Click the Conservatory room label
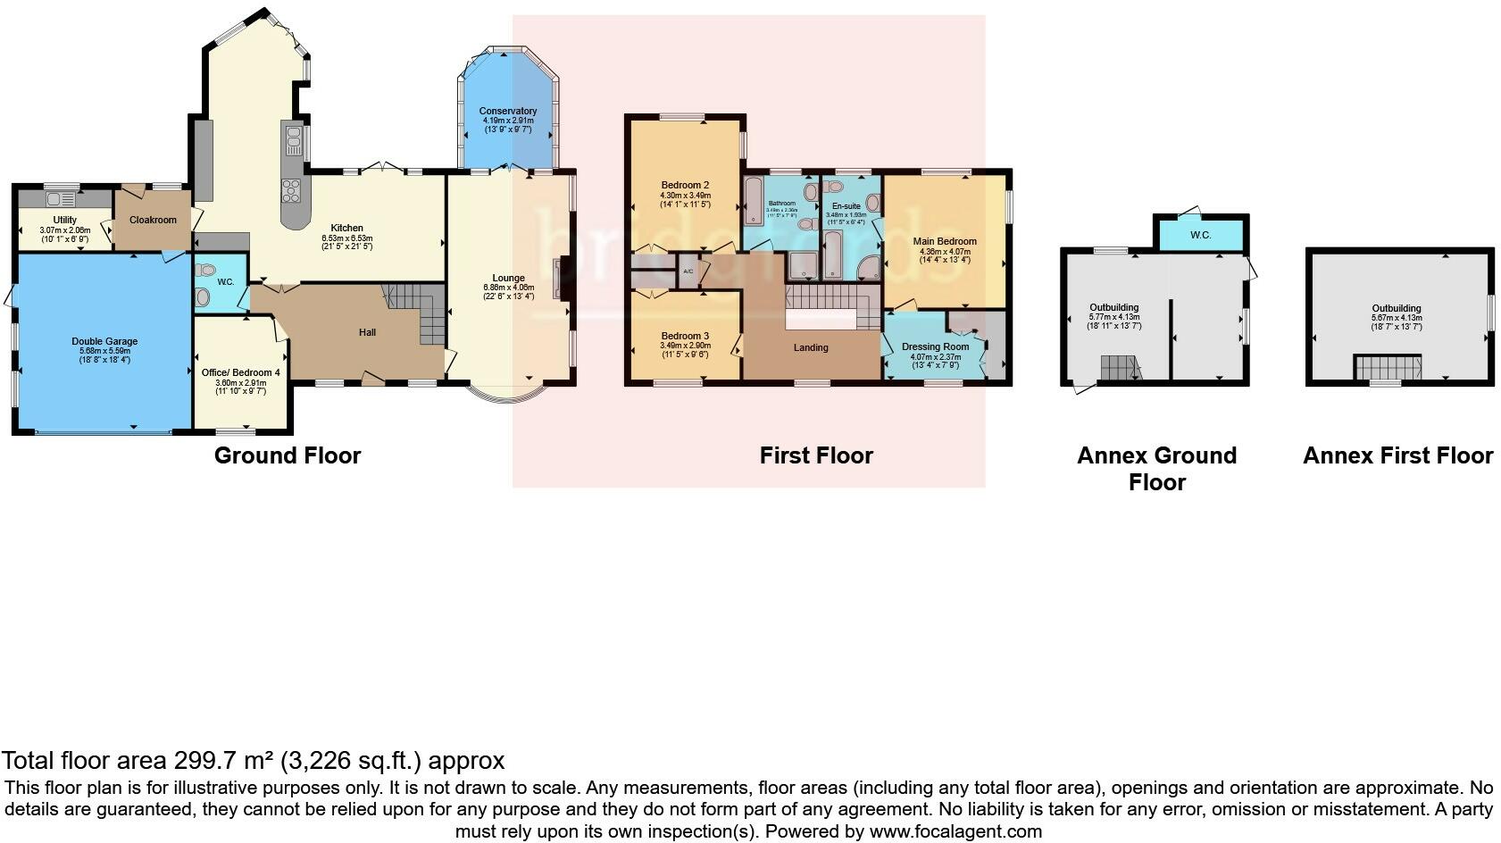508,112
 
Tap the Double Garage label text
104,342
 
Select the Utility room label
64,220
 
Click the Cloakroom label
153,220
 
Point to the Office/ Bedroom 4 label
240,372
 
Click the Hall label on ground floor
367,332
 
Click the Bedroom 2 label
685,186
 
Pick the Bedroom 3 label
685,337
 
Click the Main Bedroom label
945,241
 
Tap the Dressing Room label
935,347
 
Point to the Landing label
811,347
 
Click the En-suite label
846,206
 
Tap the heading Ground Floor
288,455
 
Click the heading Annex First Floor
1397,455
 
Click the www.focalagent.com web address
955,831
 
